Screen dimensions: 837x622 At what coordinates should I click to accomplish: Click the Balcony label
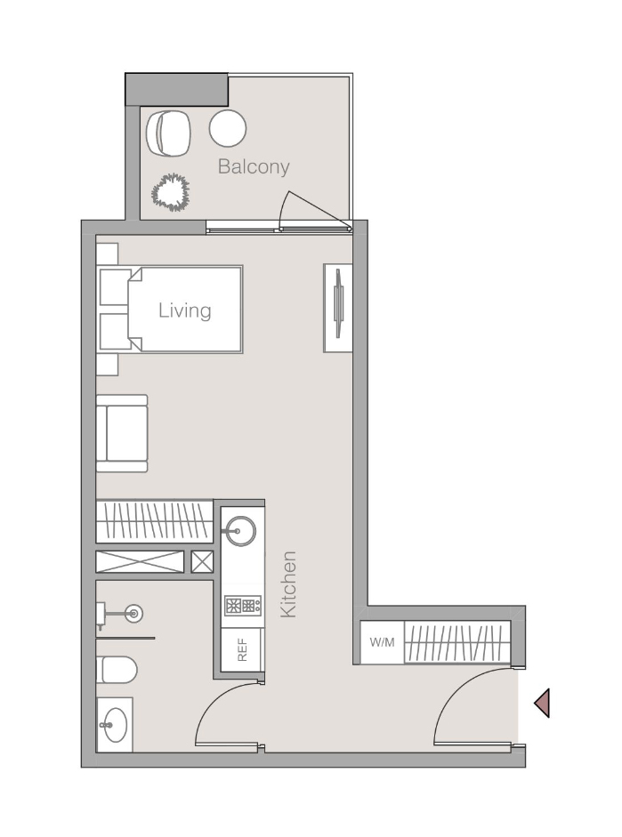coord(254,166)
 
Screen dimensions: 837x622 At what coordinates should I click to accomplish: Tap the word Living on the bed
coord(185,310)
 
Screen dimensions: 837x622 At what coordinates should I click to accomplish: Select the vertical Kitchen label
coord(288,584)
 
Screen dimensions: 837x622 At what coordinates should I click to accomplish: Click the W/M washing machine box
coord(382,642)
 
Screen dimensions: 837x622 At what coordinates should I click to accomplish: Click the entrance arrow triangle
coord(542,704)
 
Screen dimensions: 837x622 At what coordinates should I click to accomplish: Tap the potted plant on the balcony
coord(170,192)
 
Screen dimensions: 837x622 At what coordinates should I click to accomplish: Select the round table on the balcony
coord(228,128)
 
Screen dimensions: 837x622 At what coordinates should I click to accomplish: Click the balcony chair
coord(168,133)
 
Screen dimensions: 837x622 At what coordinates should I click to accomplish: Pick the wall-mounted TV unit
coord(338,308)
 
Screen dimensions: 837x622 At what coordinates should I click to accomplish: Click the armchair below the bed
coord(123,433)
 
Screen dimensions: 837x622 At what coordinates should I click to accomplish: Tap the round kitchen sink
coord(238,532)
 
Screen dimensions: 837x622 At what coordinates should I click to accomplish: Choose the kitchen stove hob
coord(242,607)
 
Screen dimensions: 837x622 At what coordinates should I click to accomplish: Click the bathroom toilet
coord(116,668)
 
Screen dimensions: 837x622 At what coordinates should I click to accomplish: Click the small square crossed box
coord(202,561)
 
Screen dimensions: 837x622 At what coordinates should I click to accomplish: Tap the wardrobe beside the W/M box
coord(457,642)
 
